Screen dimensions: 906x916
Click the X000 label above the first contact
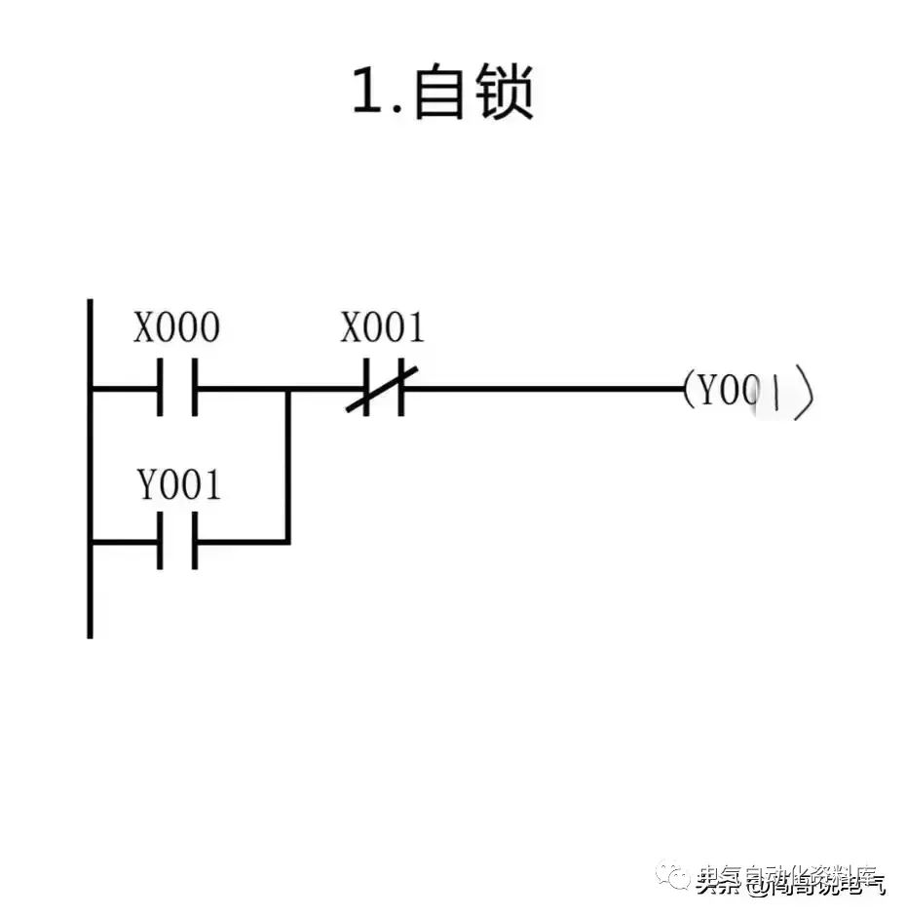coord(176,328)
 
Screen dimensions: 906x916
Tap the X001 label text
coord(383,328)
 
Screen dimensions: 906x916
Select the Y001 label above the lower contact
coord(178,484)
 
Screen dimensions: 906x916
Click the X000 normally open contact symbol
coord(177,388)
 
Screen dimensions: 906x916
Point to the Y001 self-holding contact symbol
coord(177,542)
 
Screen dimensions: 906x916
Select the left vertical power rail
coord(90,468)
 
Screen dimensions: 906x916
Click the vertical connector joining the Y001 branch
coord(288,466)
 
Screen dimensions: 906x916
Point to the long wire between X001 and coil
coord(546,388)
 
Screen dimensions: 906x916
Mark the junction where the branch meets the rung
coord(288,389)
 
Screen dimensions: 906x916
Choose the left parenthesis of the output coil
coord(689,391)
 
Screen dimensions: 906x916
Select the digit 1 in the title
coord(366,95)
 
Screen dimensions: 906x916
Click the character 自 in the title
coord(438,95)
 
